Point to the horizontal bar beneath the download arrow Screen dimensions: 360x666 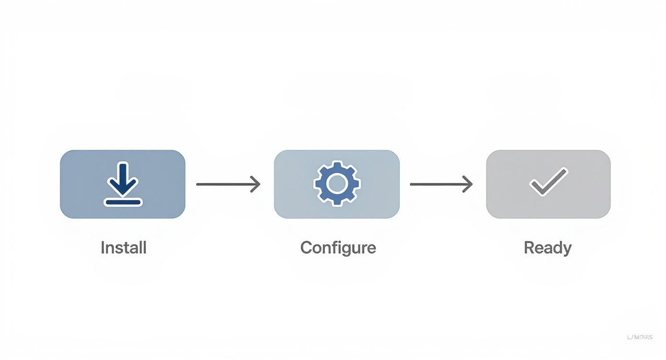click(123, 202)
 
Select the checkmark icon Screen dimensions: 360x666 click(548, 182)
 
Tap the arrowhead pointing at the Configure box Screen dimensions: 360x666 click(256, 184)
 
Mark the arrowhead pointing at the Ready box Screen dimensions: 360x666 click(468, 184)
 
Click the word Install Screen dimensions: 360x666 click(123, 247)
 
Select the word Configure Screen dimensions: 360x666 click(338, 247)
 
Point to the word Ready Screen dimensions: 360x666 click(547, 247)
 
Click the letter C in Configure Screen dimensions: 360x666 click(306, 247)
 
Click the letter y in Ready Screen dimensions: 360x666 click(567, 249)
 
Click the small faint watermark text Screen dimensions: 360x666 click(639, 337)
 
